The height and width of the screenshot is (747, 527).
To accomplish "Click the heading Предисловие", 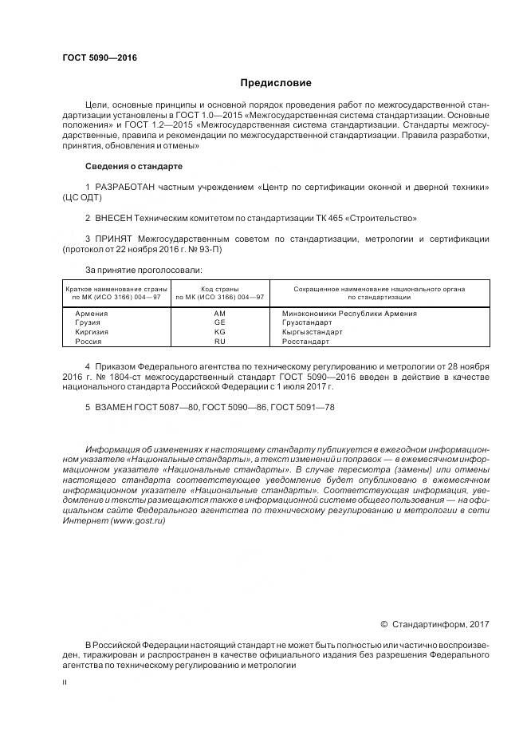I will pos(276,83).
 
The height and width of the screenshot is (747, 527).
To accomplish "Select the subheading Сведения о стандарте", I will pos(134,166).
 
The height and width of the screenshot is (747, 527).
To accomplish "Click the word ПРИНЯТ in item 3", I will pos(116,239).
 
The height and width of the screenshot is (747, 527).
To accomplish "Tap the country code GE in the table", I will pos(220,322).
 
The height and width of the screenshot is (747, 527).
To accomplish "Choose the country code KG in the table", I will pos(220,332).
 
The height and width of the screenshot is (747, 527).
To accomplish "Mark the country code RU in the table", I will pos(220,342).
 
